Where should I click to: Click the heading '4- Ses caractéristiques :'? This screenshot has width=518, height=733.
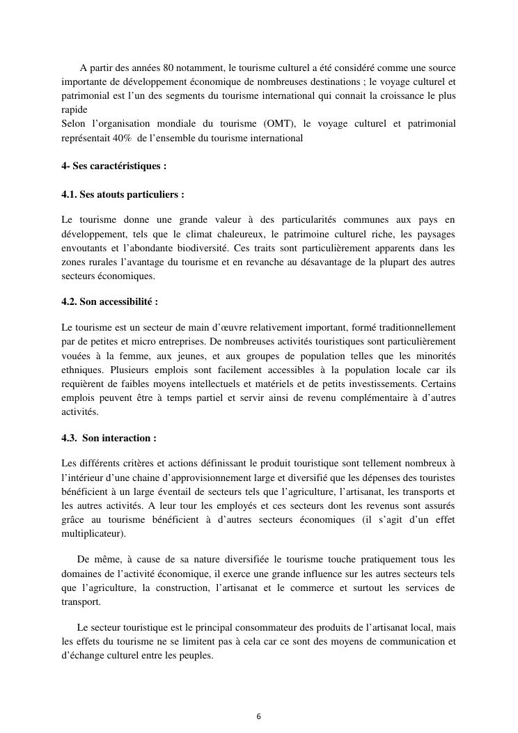click(x=114, y=166)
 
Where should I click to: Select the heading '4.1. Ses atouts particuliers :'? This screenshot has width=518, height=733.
click(x=123, y=194)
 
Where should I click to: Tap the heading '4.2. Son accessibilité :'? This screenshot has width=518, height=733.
click(x=109, y=301)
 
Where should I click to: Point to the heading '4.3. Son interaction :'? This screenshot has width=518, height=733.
click(x=109, y=438)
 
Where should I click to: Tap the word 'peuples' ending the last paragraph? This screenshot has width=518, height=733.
click(x=195, y=655)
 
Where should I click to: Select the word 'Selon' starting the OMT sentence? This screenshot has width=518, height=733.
click(x=74, y=124)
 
